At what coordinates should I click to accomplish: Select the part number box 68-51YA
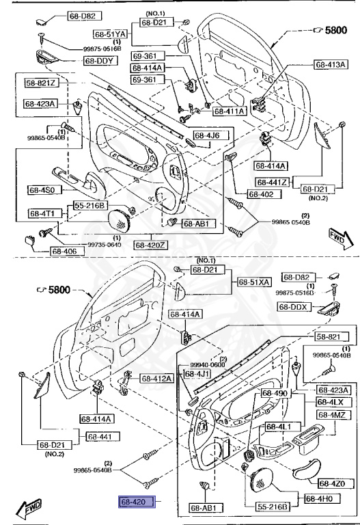pos(111,33)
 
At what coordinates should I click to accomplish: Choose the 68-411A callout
pos(230,111)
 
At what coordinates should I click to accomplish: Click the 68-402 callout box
pos(261,194)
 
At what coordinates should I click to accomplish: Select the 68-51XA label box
pos(253,282)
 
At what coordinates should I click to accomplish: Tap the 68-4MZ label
pos(332,414)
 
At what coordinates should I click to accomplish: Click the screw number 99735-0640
pos(83,245)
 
